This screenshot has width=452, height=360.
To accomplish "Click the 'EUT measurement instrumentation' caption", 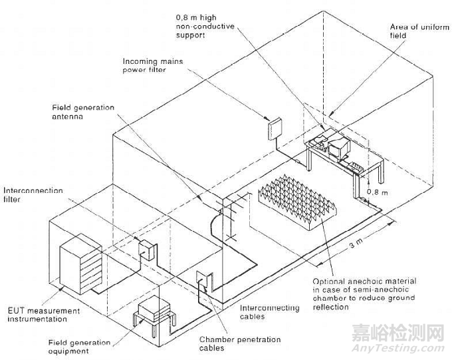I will pyautogui.click(x=38, y=315).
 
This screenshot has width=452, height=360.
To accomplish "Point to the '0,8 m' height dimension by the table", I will pyautogui.click(x=378, y=191).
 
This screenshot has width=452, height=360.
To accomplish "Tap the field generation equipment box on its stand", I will pyautogui.click(x=154, y=311).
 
